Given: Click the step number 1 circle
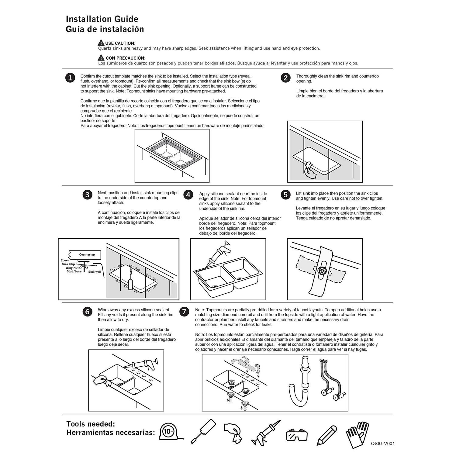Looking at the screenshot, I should click(x=70, y=78).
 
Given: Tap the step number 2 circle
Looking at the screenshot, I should click(x=285, y=78).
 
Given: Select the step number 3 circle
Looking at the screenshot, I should click(x=87, y=195).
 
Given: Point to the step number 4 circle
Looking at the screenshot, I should click(x=188, y=195).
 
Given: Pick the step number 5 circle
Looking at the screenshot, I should click(x=285, y=195).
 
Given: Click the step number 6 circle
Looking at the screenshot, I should click(x=87, y=312).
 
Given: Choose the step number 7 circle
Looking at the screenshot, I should click(x=184, y=312).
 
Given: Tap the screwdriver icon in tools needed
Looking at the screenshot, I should click(x=203, y=431).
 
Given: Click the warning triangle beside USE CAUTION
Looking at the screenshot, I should click(x=101, y=43).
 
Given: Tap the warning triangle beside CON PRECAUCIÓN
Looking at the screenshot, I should click(x=101, y=57).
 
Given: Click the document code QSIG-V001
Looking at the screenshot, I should click(x=382, y=444).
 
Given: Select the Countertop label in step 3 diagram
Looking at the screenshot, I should click(x=87, y=254).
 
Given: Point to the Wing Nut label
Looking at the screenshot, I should click(x=72, y=268).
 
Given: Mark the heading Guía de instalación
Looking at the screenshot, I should click(x=105, y=29).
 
